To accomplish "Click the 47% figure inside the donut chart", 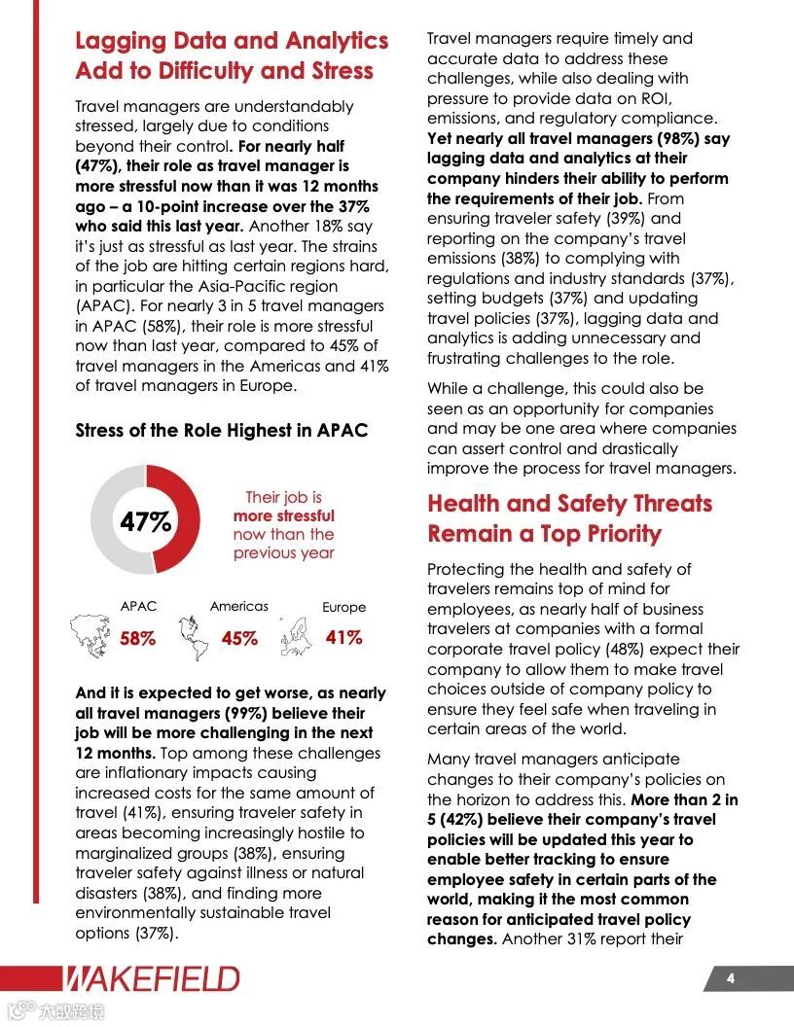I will point(145,522).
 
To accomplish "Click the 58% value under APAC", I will point(137,639).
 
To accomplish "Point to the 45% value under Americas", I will point(239,639).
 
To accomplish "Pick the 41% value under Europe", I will point(343,638).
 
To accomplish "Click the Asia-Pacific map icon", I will point(91,633).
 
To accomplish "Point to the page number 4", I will point(730,978).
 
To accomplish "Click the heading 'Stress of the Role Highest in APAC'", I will point(221,430).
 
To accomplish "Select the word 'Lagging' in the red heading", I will point(125,41).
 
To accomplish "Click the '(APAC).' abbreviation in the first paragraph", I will point(103,306).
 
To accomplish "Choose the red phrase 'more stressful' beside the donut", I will point(283,515).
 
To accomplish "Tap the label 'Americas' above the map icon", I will point(239,606).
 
